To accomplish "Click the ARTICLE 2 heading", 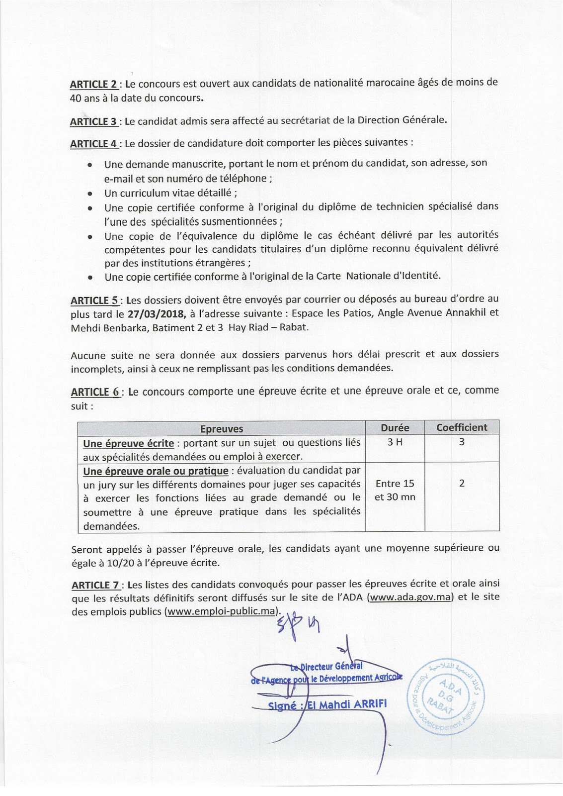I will (93, 84).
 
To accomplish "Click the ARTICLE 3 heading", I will (93, 121).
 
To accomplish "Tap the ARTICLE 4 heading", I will (94, 144).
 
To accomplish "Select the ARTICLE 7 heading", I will (96, 585).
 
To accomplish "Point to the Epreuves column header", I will (222, 428).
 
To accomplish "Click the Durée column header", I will (395, 428).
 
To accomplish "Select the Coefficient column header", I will (462, 428).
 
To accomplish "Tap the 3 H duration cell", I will (395, 442).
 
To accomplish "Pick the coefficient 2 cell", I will (462, 483).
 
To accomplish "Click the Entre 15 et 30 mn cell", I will (395, 490).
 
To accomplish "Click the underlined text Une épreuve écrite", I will (128, 443).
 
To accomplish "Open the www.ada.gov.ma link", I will (410, 597).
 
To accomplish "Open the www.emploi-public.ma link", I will (221, 611).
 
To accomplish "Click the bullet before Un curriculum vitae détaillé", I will (90, 194).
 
